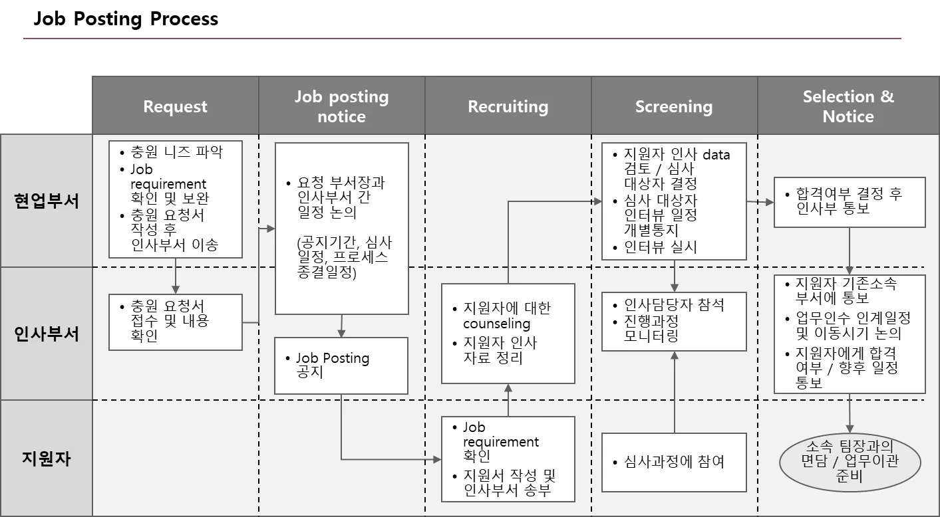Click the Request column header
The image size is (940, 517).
(x=175, y=106)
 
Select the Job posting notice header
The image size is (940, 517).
(x=341, y=106)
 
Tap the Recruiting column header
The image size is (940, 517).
(x=508, y=106)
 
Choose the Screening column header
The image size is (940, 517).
(x=673, y=106)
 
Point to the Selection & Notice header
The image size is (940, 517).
(x=848, y=106)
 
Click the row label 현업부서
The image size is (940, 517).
(x=47, y=201)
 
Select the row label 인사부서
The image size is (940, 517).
(x=47, y=334)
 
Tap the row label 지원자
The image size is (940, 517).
(x=47, y=459)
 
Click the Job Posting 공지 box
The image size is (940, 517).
(x=341, y=365)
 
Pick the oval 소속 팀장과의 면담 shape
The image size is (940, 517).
(x=850, y=461)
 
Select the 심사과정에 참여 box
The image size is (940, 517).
(x=674, y=462)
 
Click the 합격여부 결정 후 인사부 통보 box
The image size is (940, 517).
(x=850, y=202)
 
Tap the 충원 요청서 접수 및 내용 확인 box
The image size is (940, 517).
(x=175, y=322)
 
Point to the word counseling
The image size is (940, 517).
(x=496, y=324)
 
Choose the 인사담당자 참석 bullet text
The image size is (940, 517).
(x=674, y=305)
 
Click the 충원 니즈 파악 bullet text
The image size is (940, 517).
(x=176, y=152)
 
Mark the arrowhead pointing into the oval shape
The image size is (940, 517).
(x=850, y=429)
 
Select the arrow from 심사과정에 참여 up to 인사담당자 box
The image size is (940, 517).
(x=675, y=392)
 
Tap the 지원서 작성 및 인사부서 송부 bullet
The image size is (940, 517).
(x=509, y=484)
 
